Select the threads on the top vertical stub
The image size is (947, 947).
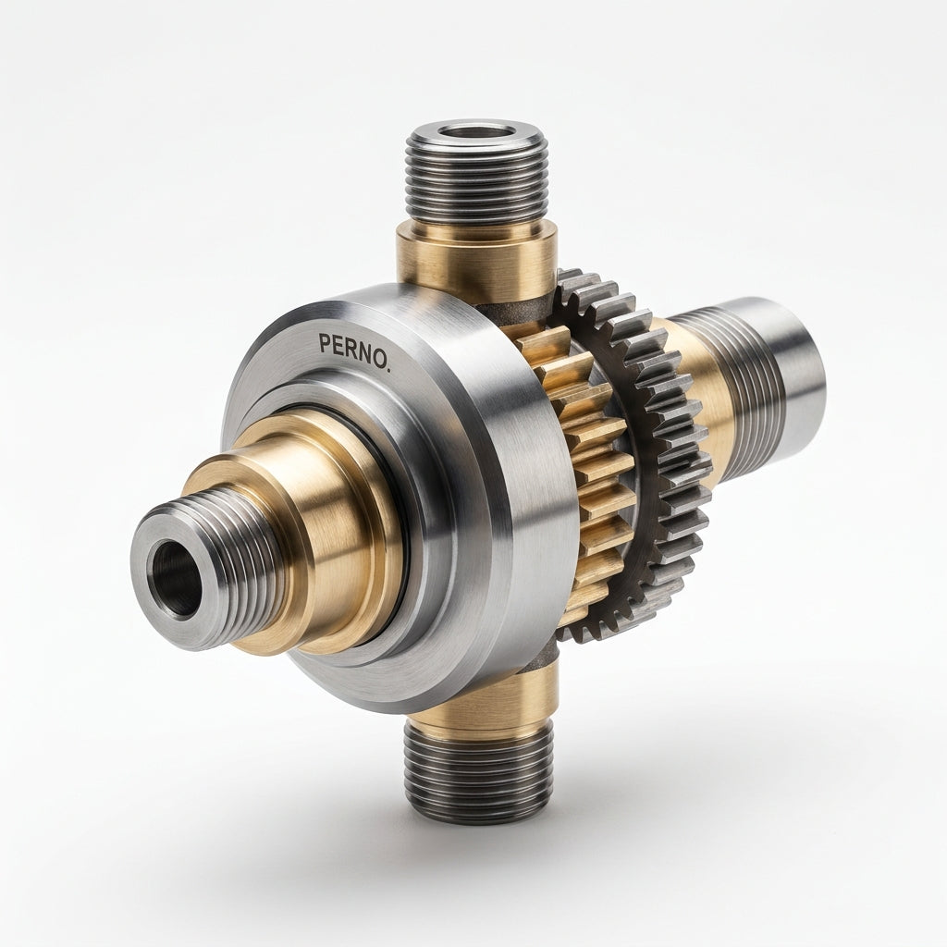click(x=477, y=181)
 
